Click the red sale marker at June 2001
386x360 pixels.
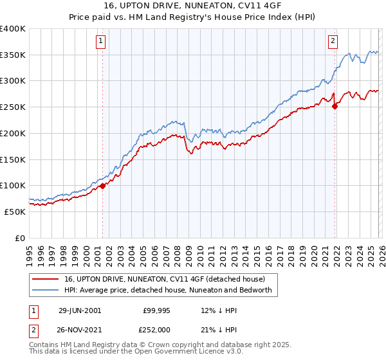point(102,186)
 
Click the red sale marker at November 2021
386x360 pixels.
point(335,107)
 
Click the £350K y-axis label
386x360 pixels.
point(13,55)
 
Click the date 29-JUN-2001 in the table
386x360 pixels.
point(80,310)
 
